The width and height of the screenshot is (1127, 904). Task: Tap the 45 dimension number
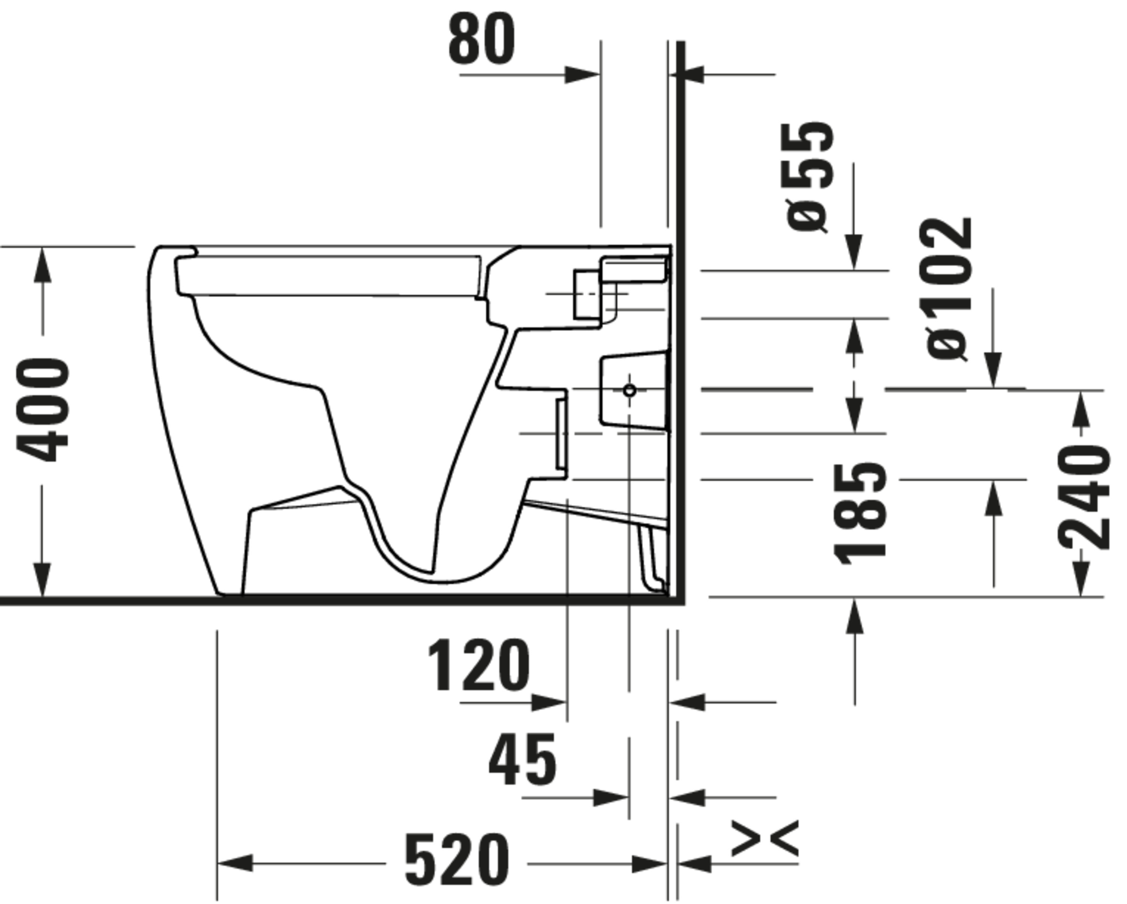(x=522, y=760)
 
